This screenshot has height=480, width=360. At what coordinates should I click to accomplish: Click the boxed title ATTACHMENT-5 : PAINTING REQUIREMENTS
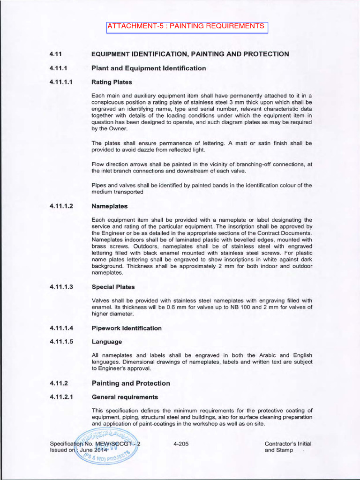pos(187,26)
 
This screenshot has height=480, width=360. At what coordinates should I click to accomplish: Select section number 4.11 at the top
pos(56,54)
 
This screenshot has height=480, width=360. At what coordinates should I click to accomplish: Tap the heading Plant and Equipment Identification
pos(149,68)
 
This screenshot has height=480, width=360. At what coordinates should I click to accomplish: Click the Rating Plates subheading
pos(112,82)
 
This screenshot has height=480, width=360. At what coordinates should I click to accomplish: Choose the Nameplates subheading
pos(110,206)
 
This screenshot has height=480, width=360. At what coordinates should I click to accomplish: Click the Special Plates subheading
pos(114,286)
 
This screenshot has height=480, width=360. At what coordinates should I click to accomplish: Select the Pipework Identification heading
pos(127,328)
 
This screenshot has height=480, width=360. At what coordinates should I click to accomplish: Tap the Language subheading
pos(107,342)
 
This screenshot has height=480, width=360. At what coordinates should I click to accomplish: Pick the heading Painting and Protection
pos(131,383)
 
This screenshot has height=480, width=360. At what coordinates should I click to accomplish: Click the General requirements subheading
pos(125,397)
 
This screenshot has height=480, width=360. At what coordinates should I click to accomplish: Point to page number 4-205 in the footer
pos(181,443)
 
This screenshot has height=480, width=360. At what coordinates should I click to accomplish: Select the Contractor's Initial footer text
pos(288,443)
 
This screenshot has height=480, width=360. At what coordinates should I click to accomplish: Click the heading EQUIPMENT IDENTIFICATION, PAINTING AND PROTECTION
pos(190,54)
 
